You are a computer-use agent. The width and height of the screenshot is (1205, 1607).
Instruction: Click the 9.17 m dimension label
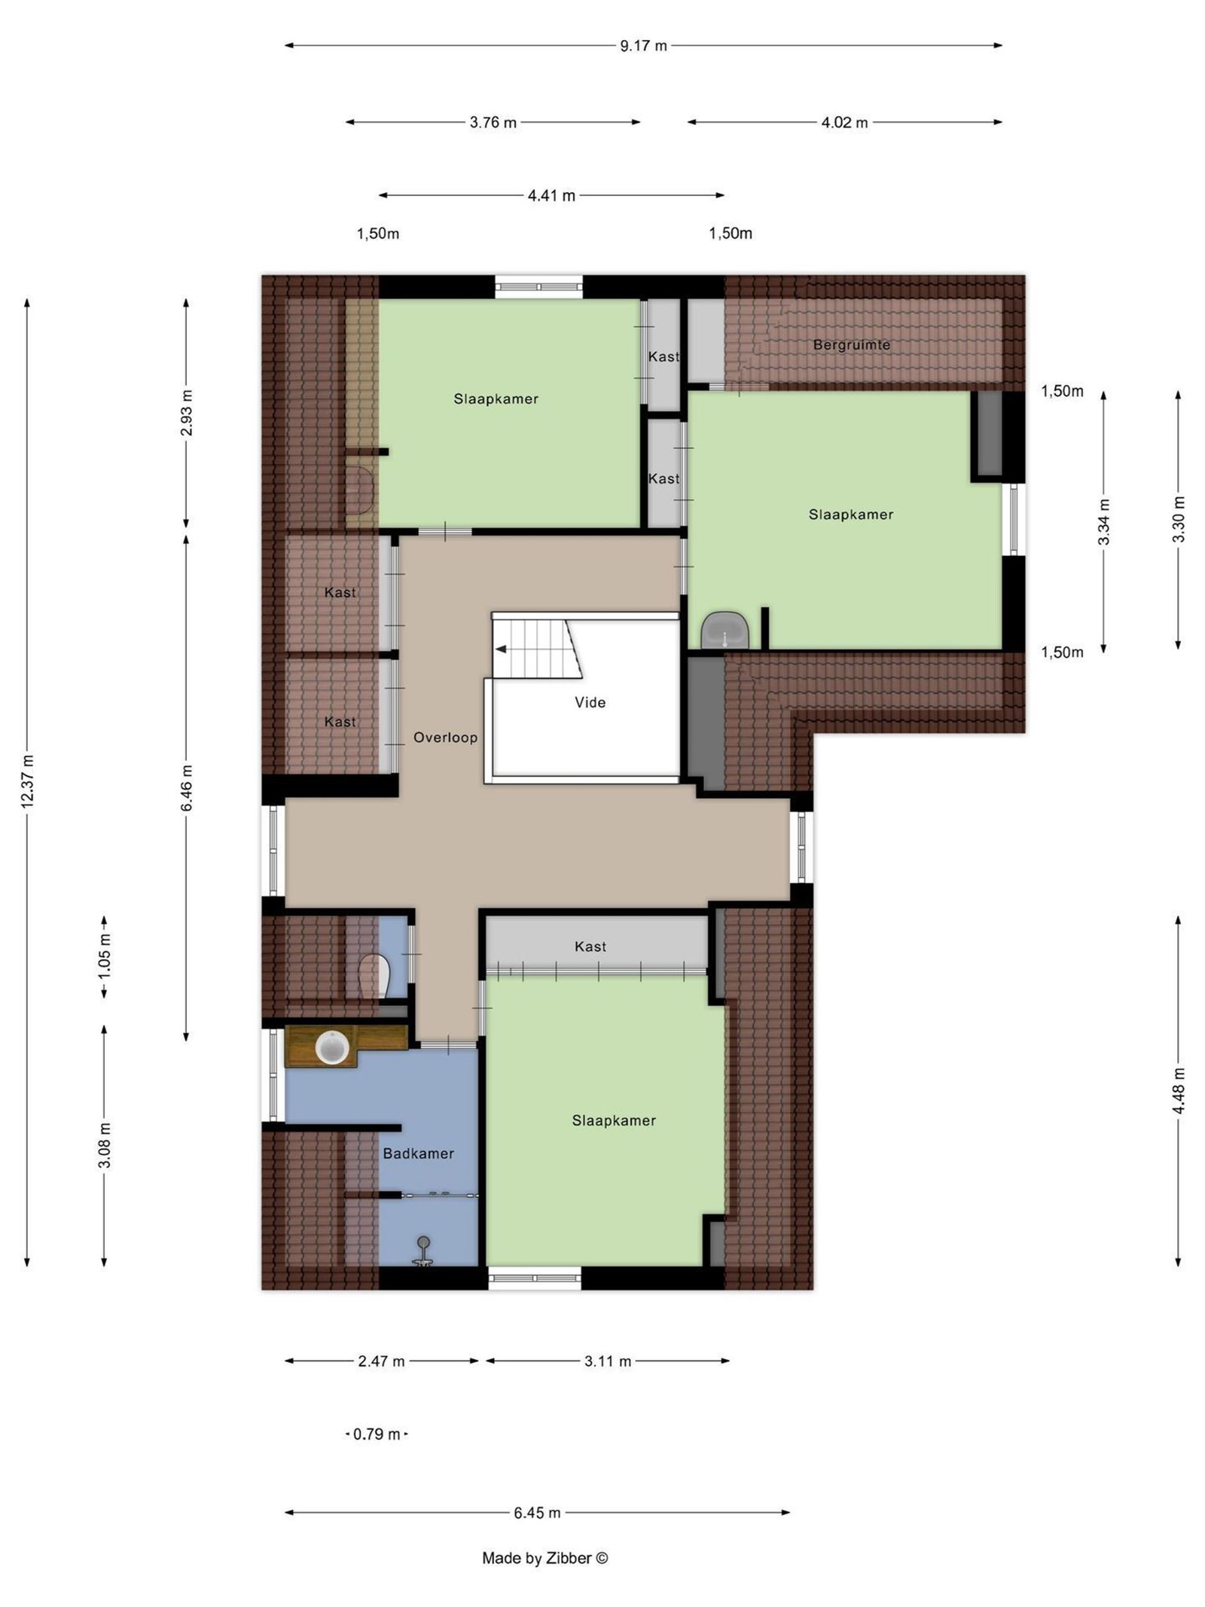click(x=643, y=45)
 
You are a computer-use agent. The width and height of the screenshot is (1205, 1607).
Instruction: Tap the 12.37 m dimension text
click(x=28, y=781)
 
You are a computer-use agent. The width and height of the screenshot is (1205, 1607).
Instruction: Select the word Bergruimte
click(x=851, y=345)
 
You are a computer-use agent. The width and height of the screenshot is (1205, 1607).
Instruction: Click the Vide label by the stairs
click(x=590, y=702)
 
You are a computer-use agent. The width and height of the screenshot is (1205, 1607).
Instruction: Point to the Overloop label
click(x=445, y=738)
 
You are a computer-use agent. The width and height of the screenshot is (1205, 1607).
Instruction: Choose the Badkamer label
click(x=418, y=1153)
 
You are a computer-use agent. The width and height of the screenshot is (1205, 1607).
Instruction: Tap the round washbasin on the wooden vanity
click(x=331, y=1048)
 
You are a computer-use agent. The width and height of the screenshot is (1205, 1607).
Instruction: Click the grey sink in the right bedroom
click(x=725, y=630)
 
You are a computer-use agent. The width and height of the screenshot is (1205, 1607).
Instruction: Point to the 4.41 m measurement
click(x=551, y=196)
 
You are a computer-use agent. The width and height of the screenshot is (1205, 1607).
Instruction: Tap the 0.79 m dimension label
click(x=377, y=1434)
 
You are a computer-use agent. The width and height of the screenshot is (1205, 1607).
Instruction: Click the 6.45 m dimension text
click(x=537, y=1513)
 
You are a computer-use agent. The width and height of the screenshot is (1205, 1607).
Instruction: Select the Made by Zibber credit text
click(x=545, y=1558)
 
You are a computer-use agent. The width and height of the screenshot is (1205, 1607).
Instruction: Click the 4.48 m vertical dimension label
click(x=1179, y=1092)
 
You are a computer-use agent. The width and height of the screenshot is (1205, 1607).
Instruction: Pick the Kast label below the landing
click(x=590, y=946)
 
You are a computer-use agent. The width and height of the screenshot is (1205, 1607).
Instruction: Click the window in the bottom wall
click(x=535, y=1278)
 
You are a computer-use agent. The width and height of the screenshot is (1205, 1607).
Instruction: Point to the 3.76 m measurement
click(x=493, y=123)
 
